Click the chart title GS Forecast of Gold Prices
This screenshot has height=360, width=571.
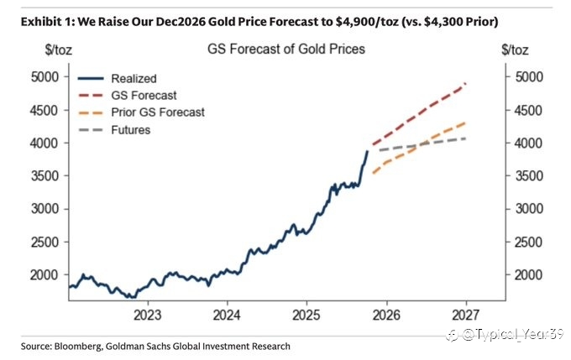[285, 49]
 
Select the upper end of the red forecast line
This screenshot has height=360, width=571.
[465, 83]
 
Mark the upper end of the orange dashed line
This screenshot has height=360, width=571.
[465, 123]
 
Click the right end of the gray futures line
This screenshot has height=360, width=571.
[465, 138]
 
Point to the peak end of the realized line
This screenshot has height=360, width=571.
[367, 152]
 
